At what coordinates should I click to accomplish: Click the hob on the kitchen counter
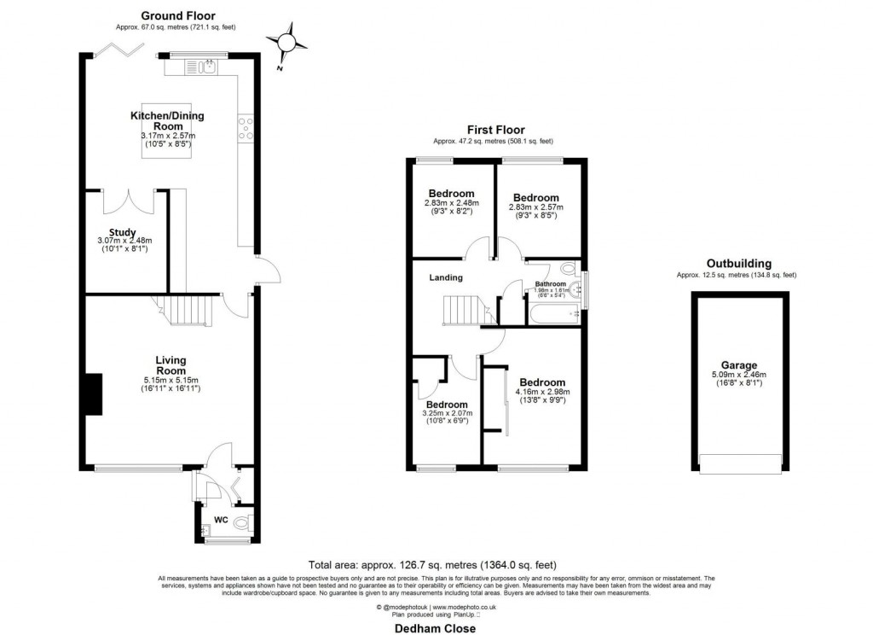(x=246, y=129)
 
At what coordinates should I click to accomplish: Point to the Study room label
(x=113, y=230)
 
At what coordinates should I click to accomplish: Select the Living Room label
(x=171, y=365)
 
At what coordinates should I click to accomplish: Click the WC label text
(x=220, y=519)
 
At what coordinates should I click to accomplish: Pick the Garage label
(x=738, y=364)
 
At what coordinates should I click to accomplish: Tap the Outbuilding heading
(x=738, y=264)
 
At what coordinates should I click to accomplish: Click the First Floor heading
(x=495, y=129)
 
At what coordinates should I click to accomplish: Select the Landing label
(x=446, y=277)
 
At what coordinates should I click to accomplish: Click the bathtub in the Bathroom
(x=555, y=316)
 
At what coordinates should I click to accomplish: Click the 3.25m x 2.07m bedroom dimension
(x=447, y=414)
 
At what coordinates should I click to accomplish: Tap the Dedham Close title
(x=435, y=627)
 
